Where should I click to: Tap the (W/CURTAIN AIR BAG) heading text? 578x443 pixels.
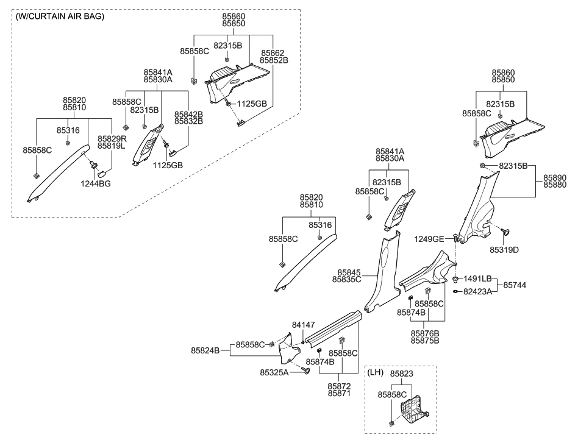[60, 16]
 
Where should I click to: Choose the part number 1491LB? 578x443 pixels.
[478, 278]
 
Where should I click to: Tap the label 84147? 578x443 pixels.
[304, 325]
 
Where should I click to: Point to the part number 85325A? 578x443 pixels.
[274, 372]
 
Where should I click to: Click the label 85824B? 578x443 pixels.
[206, 350]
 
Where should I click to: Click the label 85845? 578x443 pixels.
[347, 272]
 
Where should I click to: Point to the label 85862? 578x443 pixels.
[274, 53]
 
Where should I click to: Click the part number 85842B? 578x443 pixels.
[188, 114]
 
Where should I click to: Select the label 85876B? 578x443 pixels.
[425, 333]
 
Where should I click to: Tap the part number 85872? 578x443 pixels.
[340, 386]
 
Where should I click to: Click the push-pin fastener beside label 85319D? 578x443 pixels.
[506, 232]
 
